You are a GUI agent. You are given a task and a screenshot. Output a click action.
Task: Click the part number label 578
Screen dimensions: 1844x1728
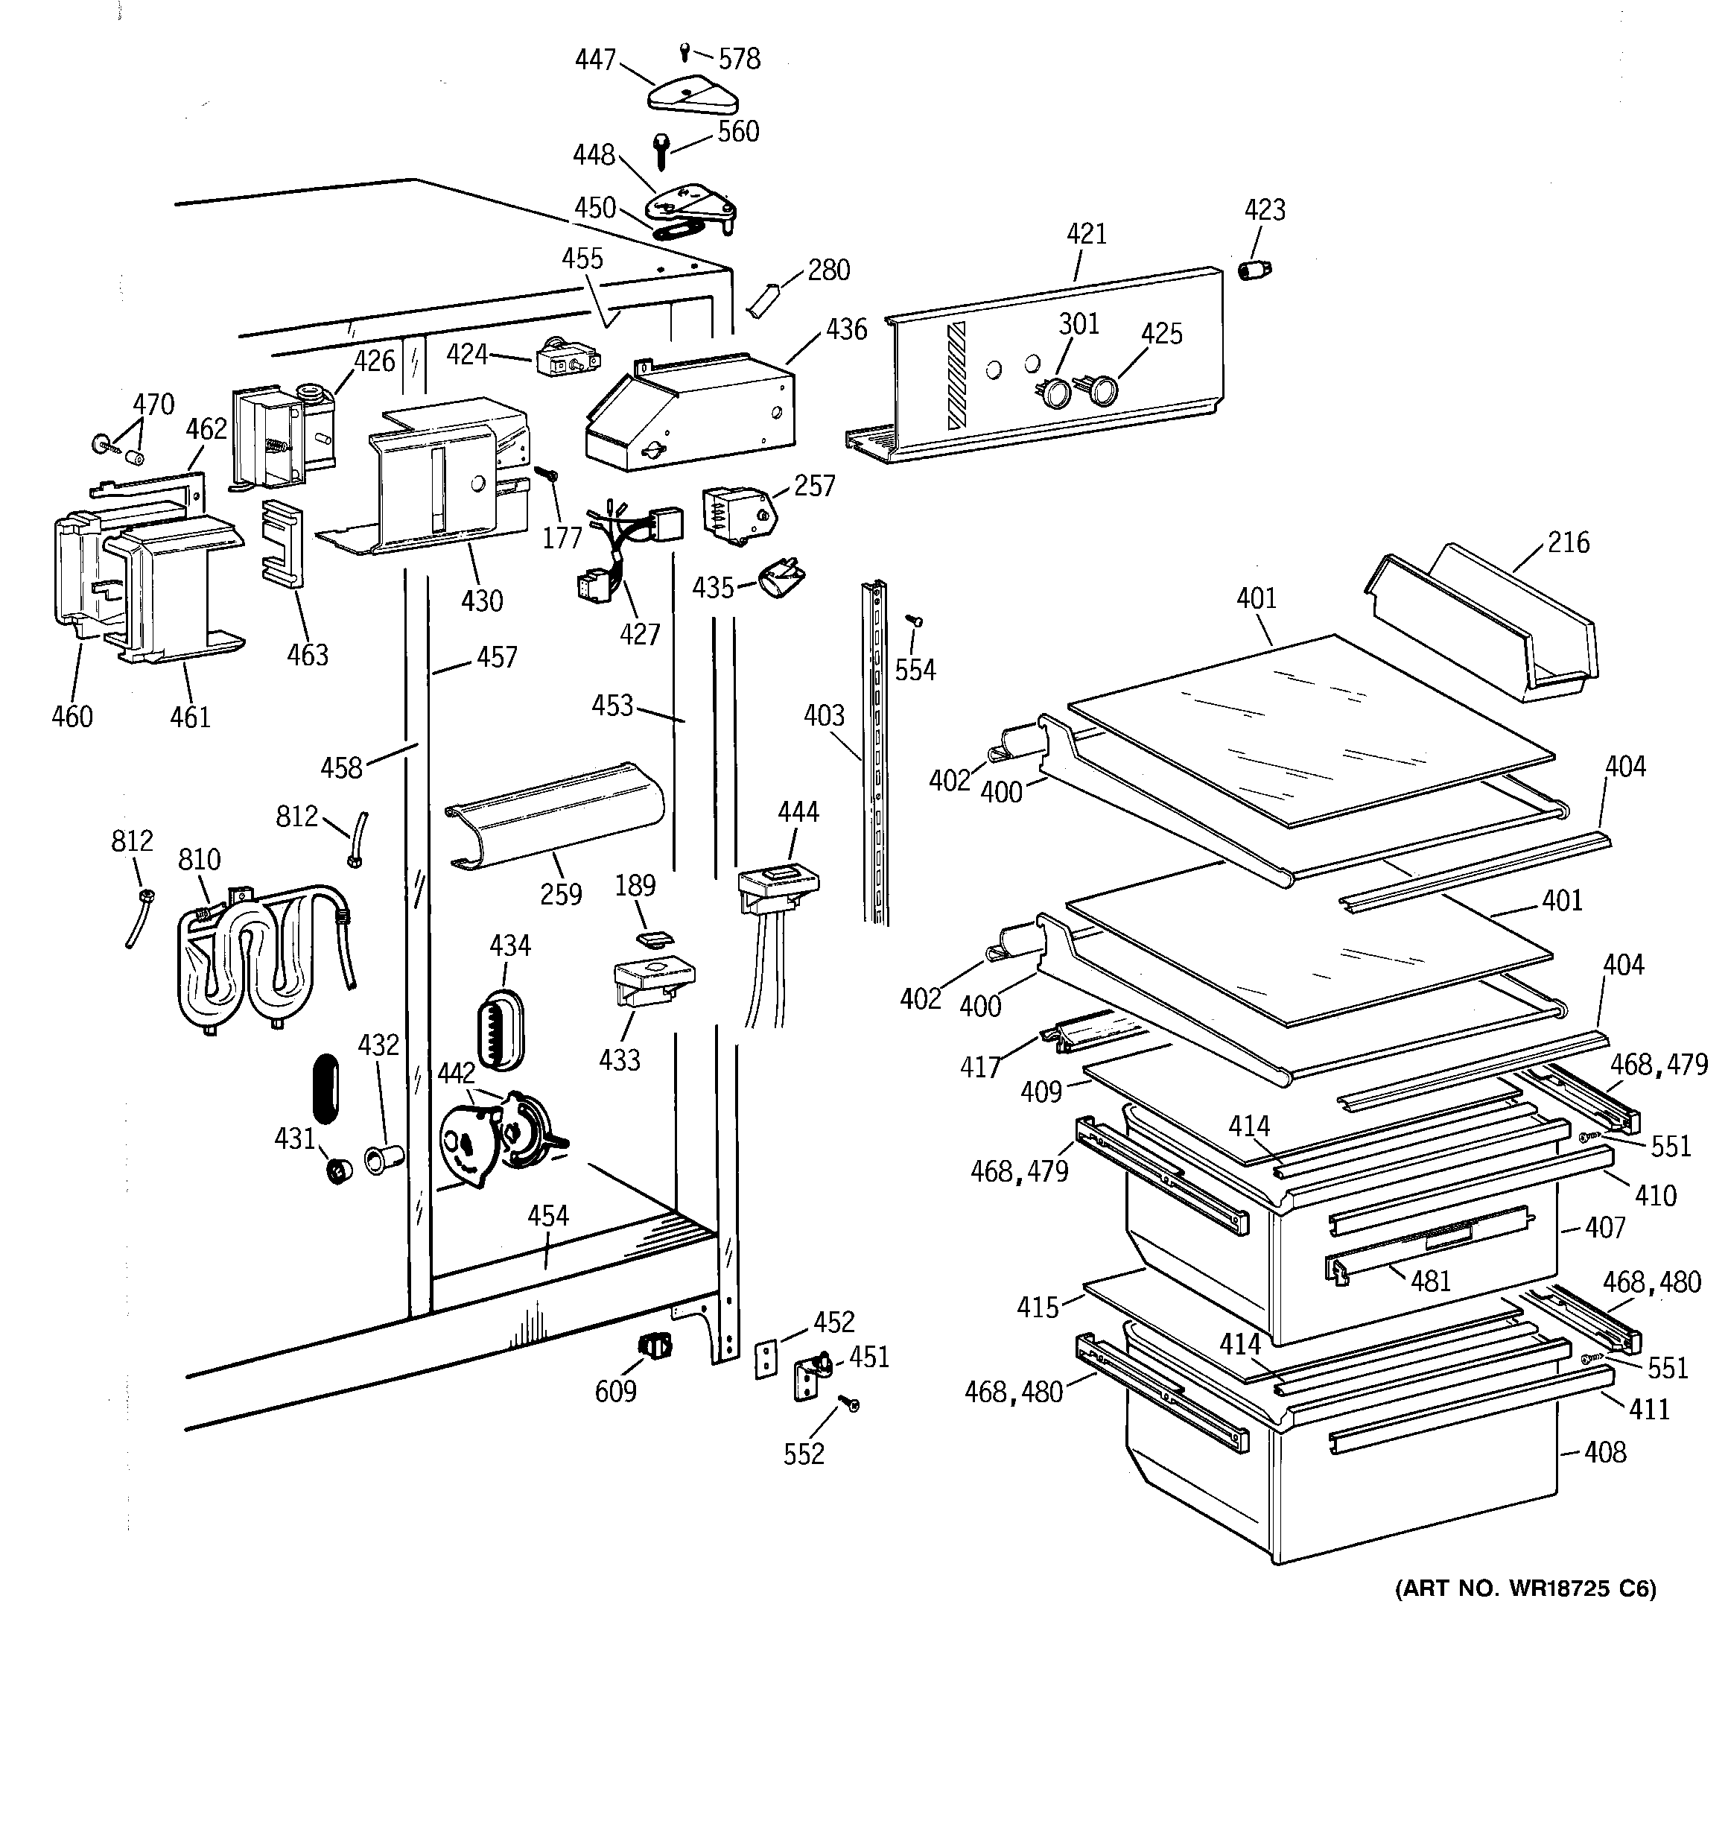(740, 60)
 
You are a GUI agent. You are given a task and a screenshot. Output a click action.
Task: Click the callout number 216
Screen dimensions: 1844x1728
(1568, 542)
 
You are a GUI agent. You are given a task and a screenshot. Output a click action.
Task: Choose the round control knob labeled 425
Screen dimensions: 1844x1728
(1101, 390)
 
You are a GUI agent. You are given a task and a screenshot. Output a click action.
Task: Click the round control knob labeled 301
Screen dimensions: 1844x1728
(1055, 393)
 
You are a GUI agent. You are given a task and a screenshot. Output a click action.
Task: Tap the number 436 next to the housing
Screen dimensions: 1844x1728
(846, 329)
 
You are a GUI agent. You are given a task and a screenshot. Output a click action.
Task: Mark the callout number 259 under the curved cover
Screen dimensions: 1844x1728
(561, 894)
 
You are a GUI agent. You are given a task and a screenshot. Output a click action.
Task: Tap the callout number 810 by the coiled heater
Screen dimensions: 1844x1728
(200, 860)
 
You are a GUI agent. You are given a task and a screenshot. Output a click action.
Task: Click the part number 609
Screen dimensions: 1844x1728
(615, 1391)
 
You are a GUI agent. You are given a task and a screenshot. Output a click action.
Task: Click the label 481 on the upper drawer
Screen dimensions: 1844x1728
(1429, 1281)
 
